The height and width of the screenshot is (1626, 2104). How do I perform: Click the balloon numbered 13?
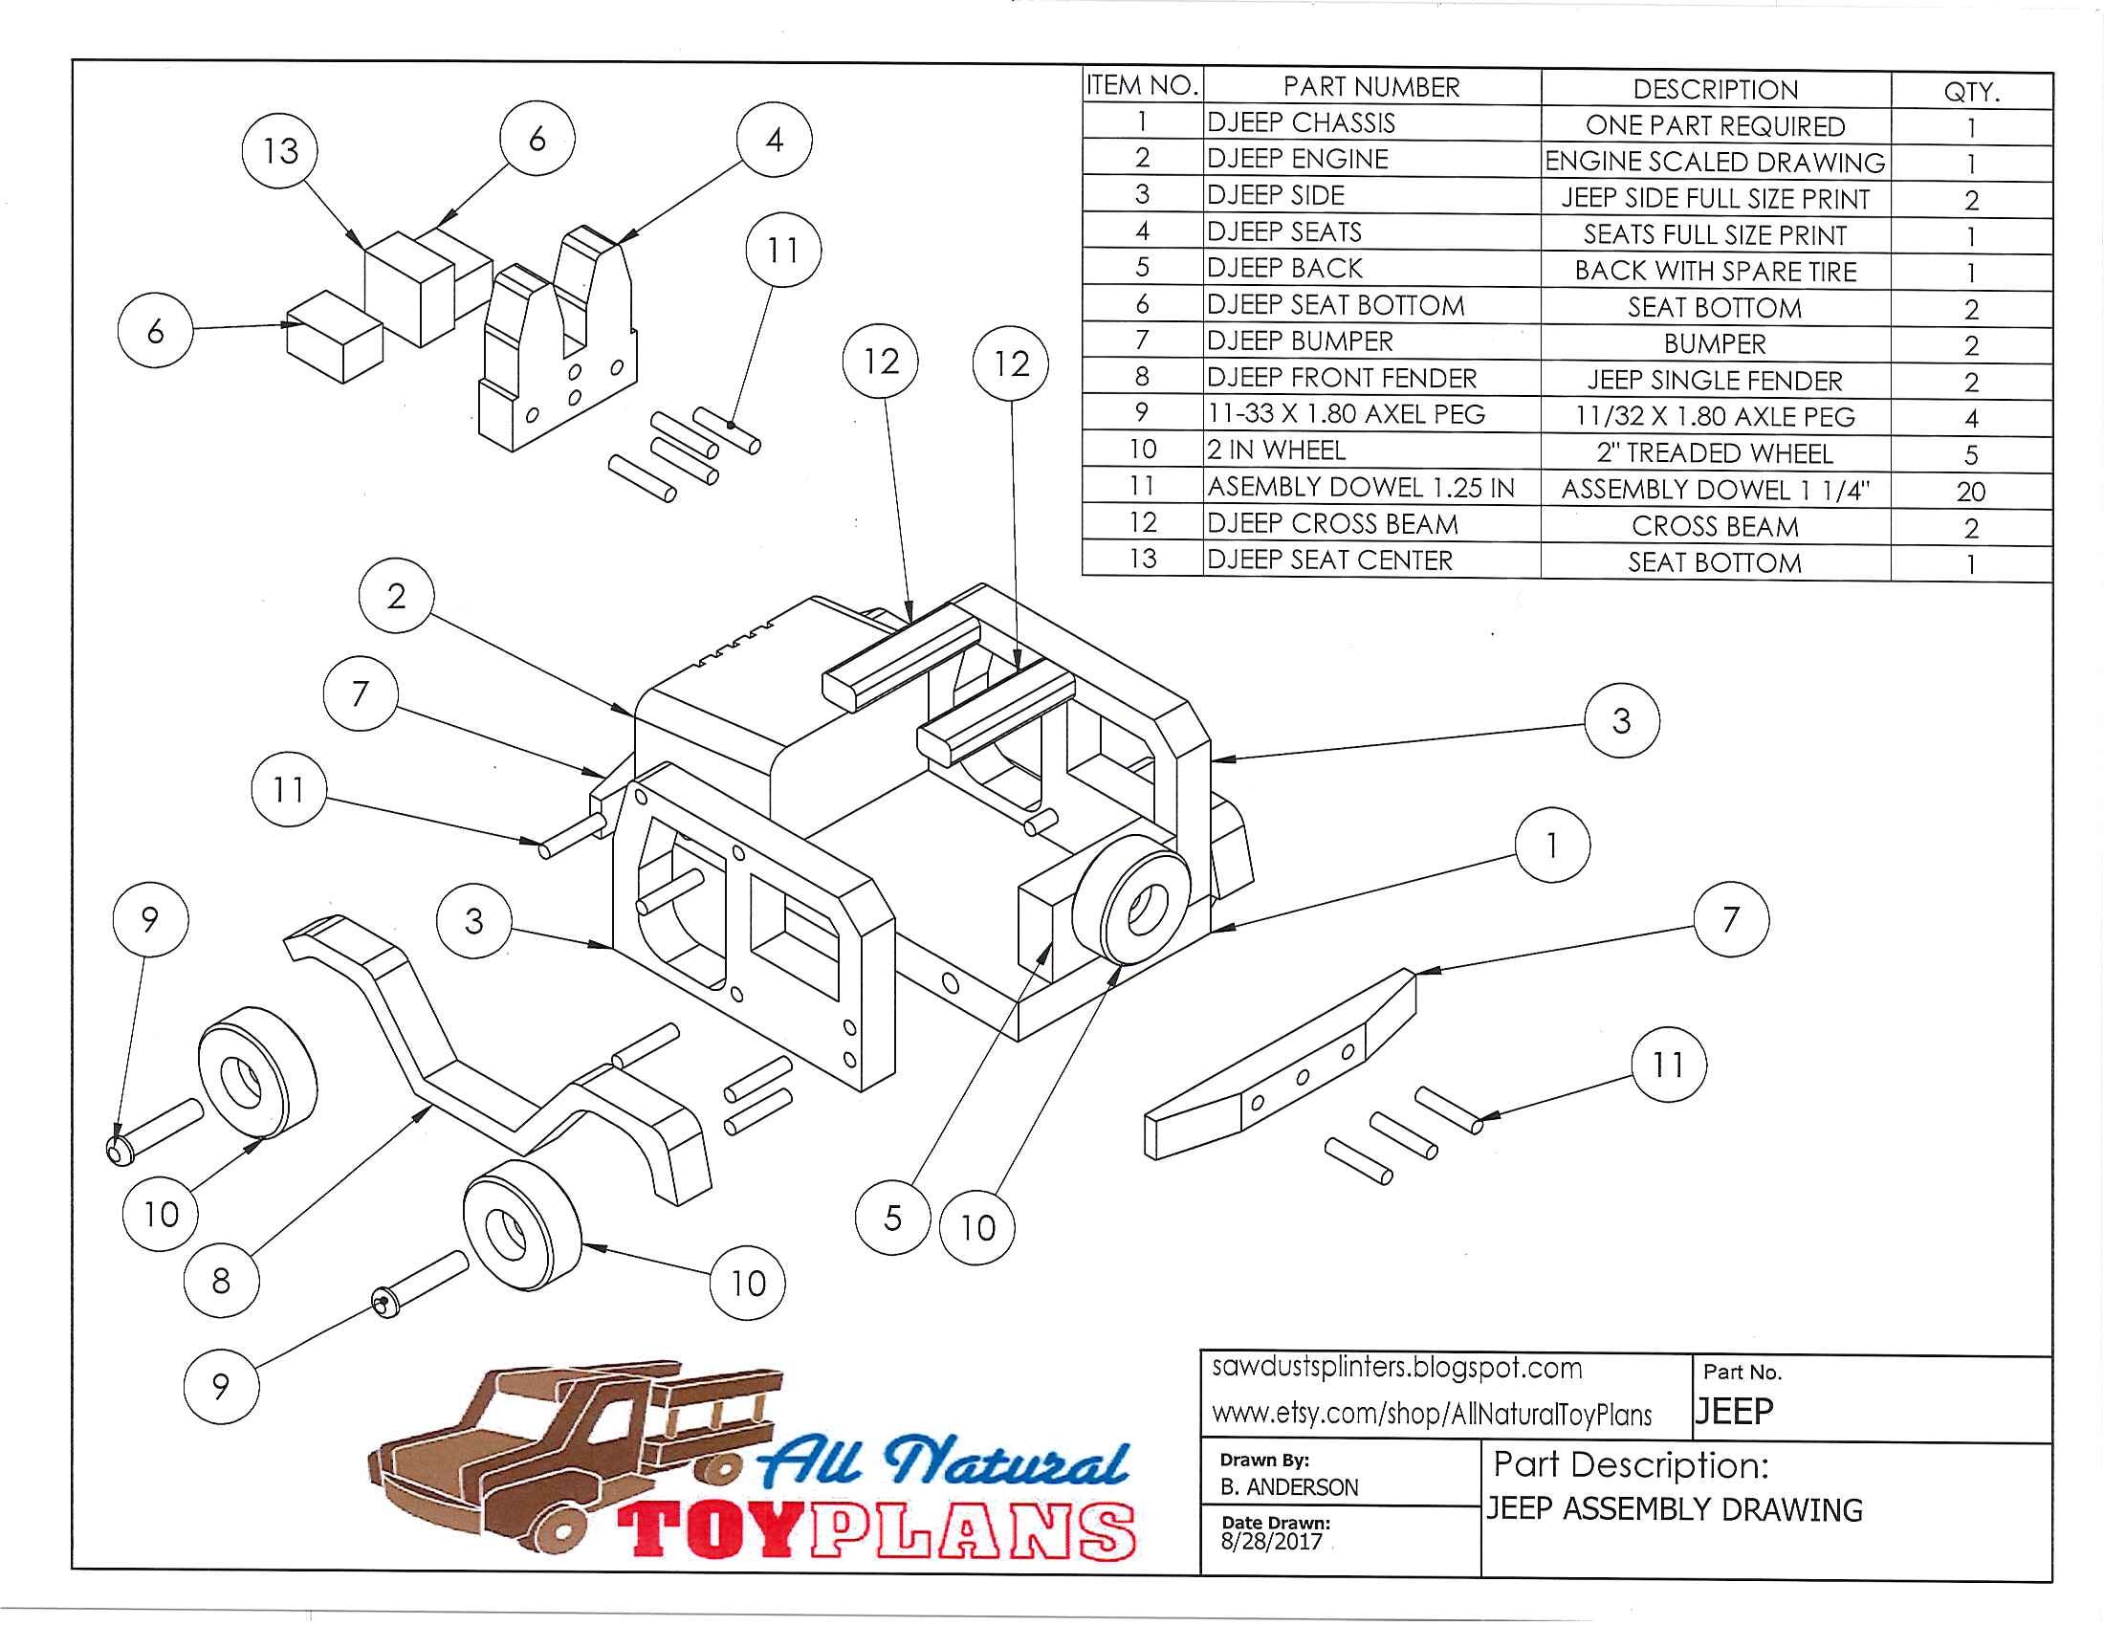[280, 150]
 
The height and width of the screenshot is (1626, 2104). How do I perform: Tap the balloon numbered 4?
[775, 141]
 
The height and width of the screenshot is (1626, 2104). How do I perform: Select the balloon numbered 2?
[396, 596]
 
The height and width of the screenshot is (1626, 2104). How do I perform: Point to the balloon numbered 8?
[221, 1280]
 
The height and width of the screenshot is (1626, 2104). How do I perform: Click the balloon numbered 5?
[893, 1218]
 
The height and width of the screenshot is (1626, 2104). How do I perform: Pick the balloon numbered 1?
[1552, 845]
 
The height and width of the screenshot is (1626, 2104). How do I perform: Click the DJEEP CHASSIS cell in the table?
[1301, 122]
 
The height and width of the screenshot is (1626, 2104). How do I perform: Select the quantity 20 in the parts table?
[1971, 492]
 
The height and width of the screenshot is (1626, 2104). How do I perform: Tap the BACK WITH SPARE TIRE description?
[1716, 271]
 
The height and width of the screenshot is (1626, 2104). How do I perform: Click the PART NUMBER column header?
[1370, 87]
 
